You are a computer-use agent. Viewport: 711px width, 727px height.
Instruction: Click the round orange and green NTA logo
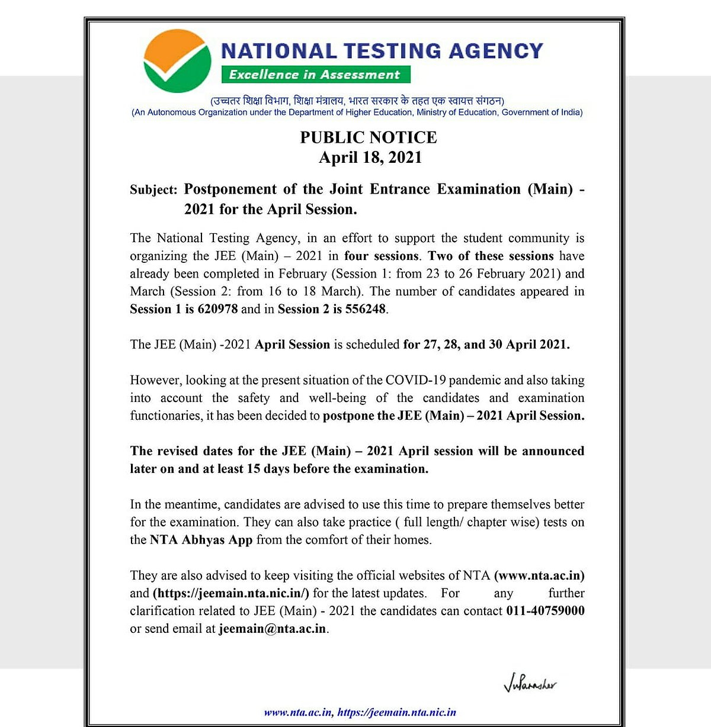[177, 62]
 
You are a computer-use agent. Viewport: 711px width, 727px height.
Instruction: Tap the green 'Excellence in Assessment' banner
[315, 75]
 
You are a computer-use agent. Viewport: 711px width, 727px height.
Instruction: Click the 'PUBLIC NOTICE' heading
[369, 137]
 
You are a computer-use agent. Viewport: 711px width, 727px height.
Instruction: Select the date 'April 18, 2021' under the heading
[370, 157]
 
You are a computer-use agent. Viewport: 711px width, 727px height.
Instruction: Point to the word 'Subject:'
[153, 190]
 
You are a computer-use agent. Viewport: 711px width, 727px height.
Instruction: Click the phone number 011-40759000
[545, 611]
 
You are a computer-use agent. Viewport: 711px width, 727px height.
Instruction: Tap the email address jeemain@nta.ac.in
[272, 629]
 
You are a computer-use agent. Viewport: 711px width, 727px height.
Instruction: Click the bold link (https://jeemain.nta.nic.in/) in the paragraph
[231, 593]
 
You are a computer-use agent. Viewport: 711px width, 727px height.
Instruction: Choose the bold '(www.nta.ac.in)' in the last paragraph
[539, 575]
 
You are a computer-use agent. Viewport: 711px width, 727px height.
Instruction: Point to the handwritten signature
[530, 685]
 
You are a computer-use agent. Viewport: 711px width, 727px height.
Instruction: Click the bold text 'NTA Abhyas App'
[201, 540]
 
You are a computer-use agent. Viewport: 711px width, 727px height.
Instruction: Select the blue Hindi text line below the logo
[357, 101]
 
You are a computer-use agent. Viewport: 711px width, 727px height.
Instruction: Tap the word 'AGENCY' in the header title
[495, 51]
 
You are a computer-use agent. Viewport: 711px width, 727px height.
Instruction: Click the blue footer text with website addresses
[360, 712]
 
